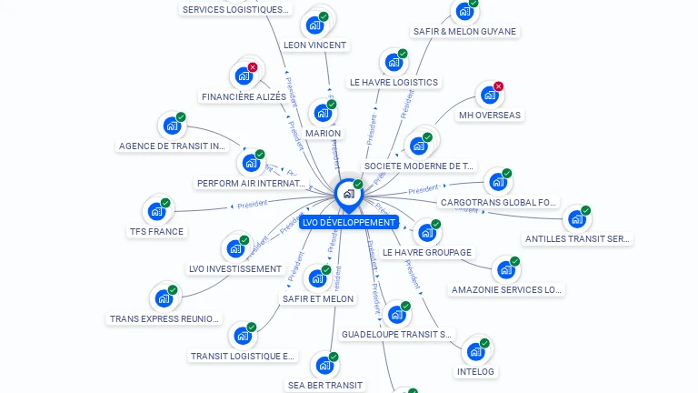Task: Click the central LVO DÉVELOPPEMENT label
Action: click(x=349, y=222)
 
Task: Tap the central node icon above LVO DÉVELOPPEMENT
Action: click(x=348, y=194)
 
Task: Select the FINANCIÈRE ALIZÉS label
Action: click(x=244, y=97)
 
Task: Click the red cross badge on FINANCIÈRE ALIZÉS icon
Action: click(x=253, y=67)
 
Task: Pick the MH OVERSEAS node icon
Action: click(x=489, y=95)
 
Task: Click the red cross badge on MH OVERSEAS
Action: click(x=498, y=86)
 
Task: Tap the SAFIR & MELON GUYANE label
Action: click(x=464, y=31)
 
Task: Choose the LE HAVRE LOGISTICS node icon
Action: click(x=393, y=63)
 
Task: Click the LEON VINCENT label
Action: click(x=314, y=45)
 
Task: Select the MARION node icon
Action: click(x=323, y=114)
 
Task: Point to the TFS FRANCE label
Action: click(x=156, y=232)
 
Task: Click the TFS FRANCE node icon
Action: click(x=156, y=212)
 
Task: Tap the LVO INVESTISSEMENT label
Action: click(x=235, y=269)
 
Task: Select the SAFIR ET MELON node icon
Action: click(x=317, y=278)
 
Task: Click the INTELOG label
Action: click(x=475, y=371)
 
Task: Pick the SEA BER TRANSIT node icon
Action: click(x=324, y=366)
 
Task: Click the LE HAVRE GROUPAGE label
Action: click(x=427, y=252)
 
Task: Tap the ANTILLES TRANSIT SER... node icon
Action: click(x=576, y=219)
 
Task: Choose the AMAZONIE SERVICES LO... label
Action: click(x=506, y=290)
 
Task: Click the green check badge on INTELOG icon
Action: click(x=484, y=344)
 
